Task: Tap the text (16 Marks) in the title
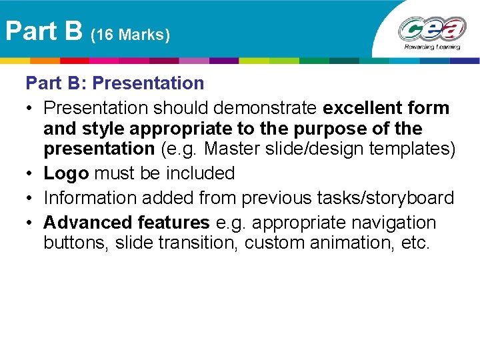(x=130, y=35)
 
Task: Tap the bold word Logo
(x=66, y=173)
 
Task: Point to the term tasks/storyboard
(x=388, y=198)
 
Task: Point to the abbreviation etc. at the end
(x=416, y=243)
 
